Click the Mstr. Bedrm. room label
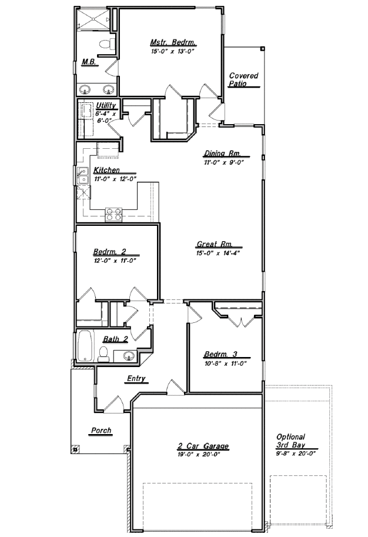click(173, 43)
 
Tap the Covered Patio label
click(244, 79)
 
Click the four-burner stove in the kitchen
click(113, 215)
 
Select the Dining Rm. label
click(223, 154)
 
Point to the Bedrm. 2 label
click(109, 251)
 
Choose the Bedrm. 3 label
click(220, 354)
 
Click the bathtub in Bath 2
click(86, 346)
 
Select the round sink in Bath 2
click(129, 356)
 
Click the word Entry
click(136, 379)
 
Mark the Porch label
click(101, 431)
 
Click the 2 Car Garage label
click(203, 446)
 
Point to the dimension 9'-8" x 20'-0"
click(296, 453)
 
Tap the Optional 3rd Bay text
click(290, 441)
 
